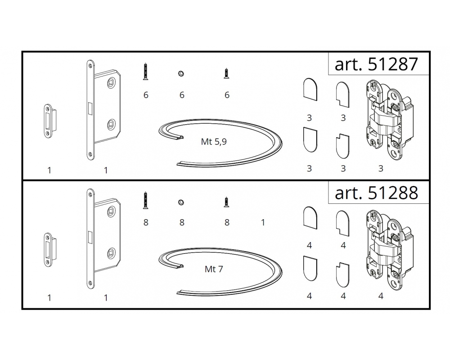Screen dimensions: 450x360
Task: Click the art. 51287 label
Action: click(376, 64)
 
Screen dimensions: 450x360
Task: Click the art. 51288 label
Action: click(376, 193)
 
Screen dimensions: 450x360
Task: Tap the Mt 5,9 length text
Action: click(214, 142)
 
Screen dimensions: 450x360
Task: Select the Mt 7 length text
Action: click(214, 269)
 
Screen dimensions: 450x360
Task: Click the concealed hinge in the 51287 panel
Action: click(389, 120)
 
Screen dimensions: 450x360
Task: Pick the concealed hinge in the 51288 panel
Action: click(389, 249)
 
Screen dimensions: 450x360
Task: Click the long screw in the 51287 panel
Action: click(146, 71)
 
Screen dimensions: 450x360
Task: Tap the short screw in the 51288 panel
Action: click(227, 202)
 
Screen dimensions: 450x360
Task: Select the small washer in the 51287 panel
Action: click(181, 74)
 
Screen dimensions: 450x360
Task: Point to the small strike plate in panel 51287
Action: click(49, 121)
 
